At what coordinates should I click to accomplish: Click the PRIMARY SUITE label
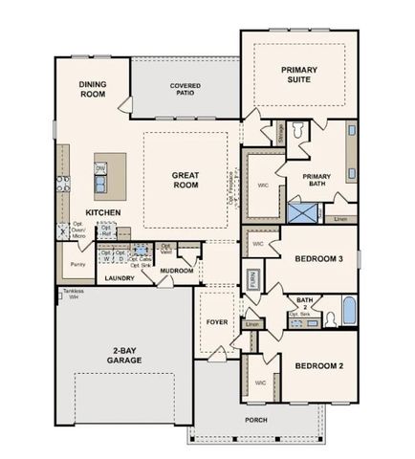click(298, 75)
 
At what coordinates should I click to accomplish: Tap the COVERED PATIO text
click(186, 90)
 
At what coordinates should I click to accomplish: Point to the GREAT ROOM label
click(185, 180)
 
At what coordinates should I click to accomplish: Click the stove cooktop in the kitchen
click(62, 185)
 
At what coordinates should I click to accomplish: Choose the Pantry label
click(77, 263)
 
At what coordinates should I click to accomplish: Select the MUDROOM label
click(177, 271)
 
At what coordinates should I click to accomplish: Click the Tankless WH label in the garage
click(74, 295)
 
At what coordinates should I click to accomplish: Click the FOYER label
click(217, 322)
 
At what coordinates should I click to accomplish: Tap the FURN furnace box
click(252, 280)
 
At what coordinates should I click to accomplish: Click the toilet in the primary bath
click(297, 130)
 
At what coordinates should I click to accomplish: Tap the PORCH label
click(254, 419)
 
